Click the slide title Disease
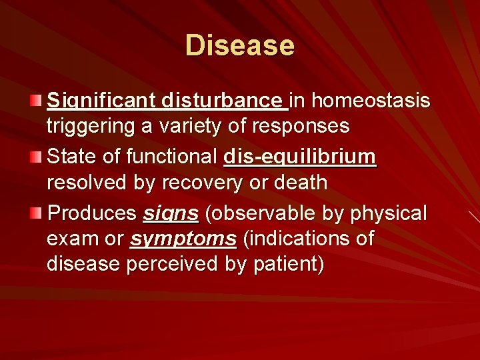click(239, 45)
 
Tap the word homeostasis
click(371, 101)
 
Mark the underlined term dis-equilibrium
click(300, 157)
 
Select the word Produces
click(92, 213)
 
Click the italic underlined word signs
click(171, 214)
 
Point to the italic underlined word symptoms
click(183, 239)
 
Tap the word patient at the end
click(288, 263)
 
